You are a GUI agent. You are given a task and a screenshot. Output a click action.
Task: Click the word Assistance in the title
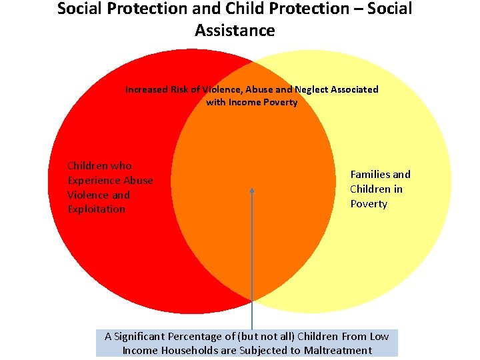click(x=235, y=31)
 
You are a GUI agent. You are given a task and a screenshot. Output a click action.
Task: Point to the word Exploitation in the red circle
click(x=96, y=209)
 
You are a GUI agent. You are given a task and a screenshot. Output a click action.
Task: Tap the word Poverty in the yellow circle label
click(x=369, y=204)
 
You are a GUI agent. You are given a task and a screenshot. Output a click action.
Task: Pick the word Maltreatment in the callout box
click(x=339, y=351)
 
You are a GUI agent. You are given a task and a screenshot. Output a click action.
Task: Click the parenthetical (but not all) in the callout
click(x=261, y=337)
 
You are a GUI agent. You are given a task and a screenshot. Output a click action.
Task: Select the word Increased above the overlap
click(x=147, y=89)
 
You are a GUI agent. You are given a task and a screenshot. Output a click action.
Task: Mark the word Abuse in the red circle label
click(x=139, y=180)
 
